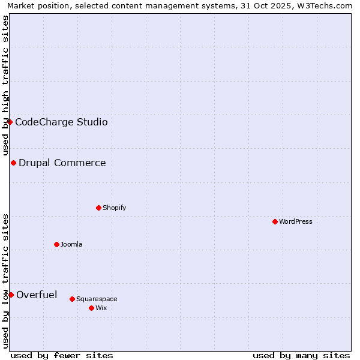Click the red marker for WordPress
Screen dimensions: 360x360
(275, 221)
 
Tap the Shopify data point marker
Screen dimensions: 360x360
(98, 208)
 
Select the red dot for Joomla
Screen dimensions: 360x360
(56, 244)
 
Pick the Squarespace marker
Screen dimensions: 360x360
(72, 299)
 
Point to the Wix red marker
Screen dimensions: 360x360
(91, 308)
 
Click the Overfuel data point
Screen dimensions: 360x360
(11, 295)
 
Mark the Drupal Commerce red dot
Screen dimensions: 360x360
(13, 163)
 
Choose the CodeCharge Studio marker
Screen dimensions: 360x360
(10, 122)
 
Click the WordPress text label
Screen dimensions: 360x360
(296, 221)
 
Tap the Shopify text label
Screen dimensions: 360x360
(115, 208)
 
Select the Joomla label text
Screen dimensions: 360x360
(71, 244)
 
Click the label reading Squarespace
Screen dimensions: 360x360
(97, 299)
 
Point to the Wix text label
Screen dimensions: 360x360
(101, 308)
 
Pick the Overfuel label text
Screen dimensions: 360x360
(37, 295)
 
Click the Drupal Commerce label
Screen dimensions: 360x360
(62, 163)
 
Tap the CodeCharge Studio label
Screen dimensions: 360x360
(61, 122)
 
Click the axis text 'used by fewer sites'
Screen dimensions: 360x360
(62, 355)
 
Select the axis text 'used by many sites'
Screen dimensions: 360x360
(301, 355)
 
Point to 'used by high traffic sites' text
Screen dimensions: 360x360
(6, 85)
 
